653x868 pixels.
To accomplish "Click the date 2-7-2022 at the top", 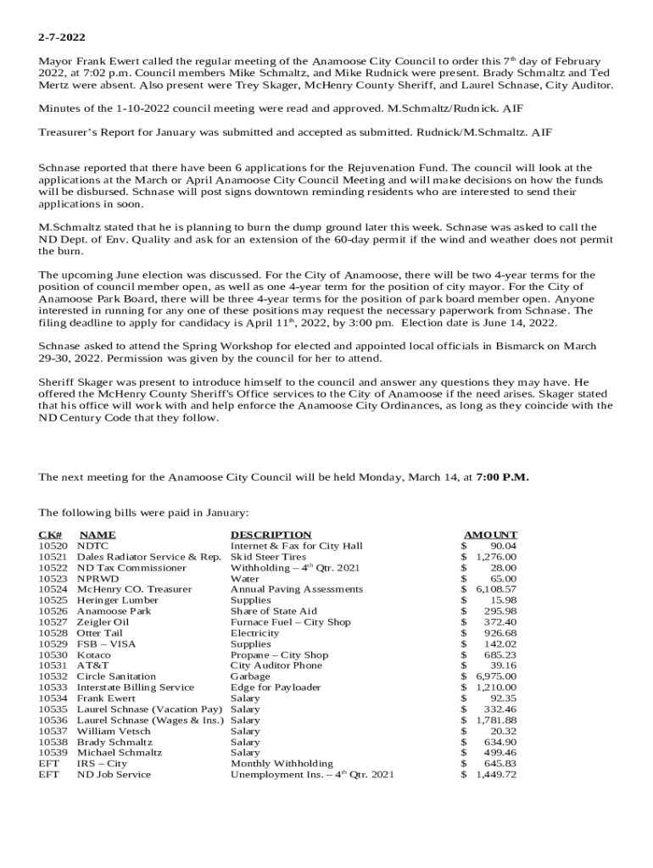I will coord(62,38).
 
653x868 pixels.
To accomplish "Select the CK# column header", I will coord(50,534).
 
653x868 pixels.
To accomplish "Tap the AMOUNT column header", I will coord(490,534).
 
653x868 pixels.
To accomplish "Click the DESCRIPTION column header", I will coord(271,534).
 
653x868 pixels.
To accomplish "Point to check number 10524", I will coord(53,589).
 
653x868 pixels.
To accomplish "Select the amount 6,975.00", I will coord(496,676).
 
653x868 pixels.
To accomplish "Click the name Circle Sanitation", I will coord(116,676).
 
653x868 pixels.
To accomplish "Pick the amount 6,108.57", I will coord(496,589).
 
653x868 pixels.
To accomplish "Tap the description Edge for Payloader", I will coord(276,687).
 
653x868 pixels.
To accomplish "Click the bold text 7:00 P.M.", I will coord(502,476).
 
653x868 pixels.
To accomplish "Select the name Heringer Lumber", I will coord(117,600).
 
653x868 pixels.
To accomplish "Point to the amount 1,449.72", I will coord(496,775).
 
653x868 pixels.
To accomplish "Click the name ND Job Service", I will coord(114,775).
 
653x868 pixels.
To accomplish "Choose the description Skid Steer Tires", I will coord(268,557).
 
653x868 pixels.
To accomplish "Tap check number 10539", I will coord(53,753).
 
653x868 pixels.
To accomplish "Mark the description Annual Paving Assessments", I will coord(296,589).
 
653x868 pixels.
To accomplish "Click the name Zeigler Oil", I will coord(103,622).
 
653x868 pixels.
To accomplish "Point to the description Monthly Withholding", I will coord(282,764).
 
